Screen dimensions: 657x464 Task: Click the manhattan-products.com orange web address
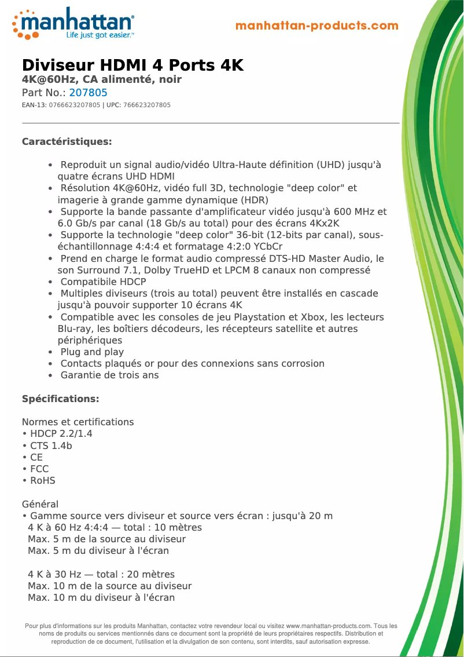(317, 25)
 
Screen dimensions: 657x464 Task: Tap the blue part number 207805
(89, 93)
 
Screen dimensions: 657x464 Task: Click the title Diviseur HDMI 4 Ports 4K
(132, 65)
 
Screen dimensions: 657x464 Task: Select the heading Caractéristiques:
(67, 142)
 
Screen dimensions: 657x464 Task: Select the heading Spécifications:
(60, 399)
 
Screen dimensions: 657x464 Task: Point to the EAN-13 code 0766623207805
(75, 105)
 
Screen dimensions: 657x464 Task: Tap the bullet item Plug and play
(92, 352)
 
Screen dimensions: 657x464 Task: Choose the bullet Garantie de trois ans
(109, 375)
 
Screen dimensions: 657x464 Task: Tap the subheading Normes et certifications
(78, 422)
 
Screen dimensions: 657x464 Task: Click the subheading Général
(40, 504)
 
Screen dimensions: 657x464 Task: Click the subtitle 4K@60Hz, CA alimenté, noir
(102, 79)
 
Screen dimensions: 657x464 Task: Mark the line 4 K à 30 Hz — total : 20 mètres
(101, 574)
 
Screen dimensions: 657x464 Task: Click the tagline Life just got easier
(100, 35)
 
